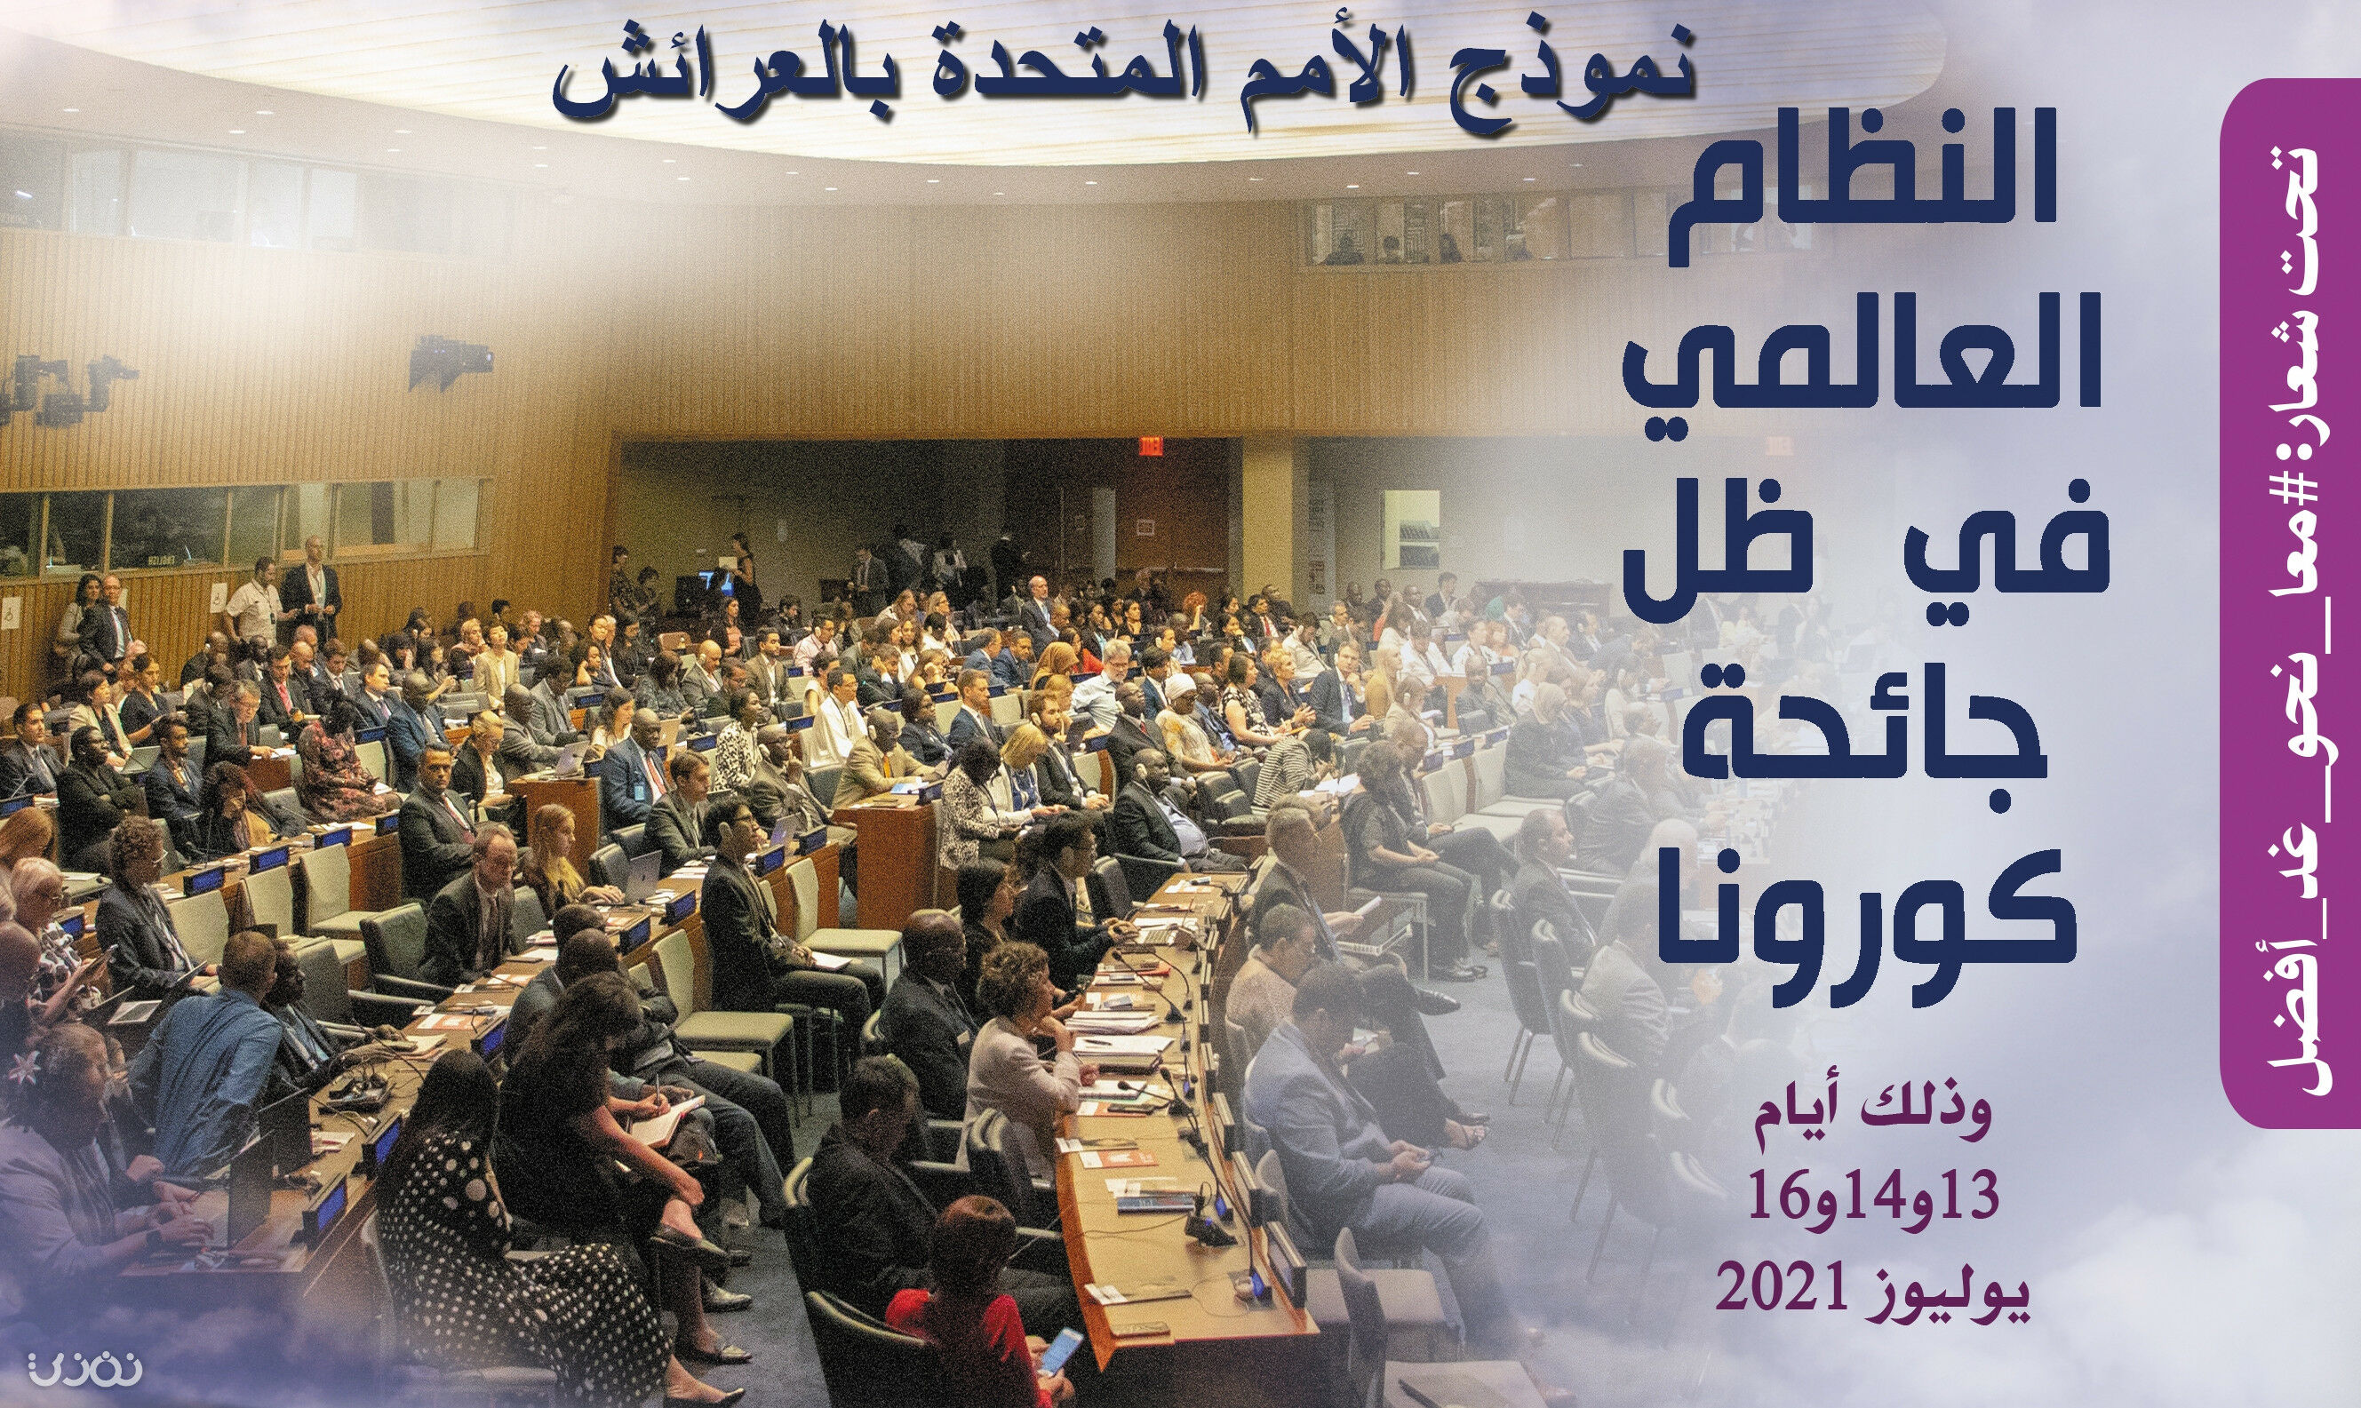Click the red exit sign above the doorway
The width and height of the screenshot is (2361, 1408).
click(x=1150, y=444)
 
